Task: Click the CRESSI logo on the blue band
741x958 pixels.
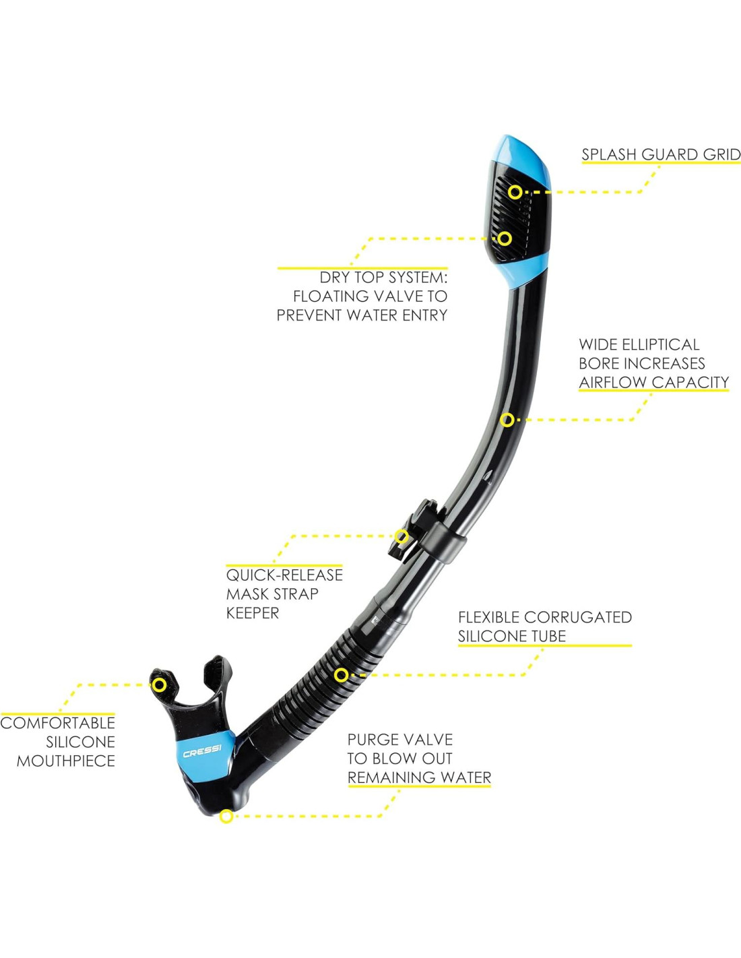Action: coord(201,751)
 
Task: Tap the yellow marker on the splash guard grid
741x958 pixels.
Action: coord(515,192)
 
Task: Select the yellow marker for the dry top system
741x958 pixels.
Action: coord(505,238)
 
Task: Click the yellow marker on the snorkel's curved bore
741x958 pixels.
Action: coord(507,420)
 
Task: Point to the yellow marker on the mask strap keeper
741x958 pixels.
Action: coord(401,537)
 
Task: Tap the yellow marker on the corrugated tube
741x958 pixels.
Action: coord(342,674)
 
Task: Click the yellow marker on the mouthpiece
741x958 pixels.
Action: coord(159,685)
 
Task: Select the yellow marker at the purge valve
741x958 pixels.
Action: coord(227,817)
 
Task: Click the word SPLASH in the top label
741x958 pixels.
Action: coord(609,154)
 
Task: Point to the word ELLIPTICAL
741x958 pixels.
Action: coord(660,344)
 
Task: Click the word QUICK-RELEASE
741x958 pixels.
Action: coord(284,575)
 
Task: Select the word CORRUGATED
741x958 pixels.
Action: coord(577,616)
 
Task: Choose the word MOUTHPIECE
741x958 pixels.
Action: coord(66,761)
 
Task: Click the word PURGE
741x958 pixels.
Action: coord(373,739)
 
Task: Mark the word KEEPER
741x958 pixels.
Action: coord(253,612)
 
